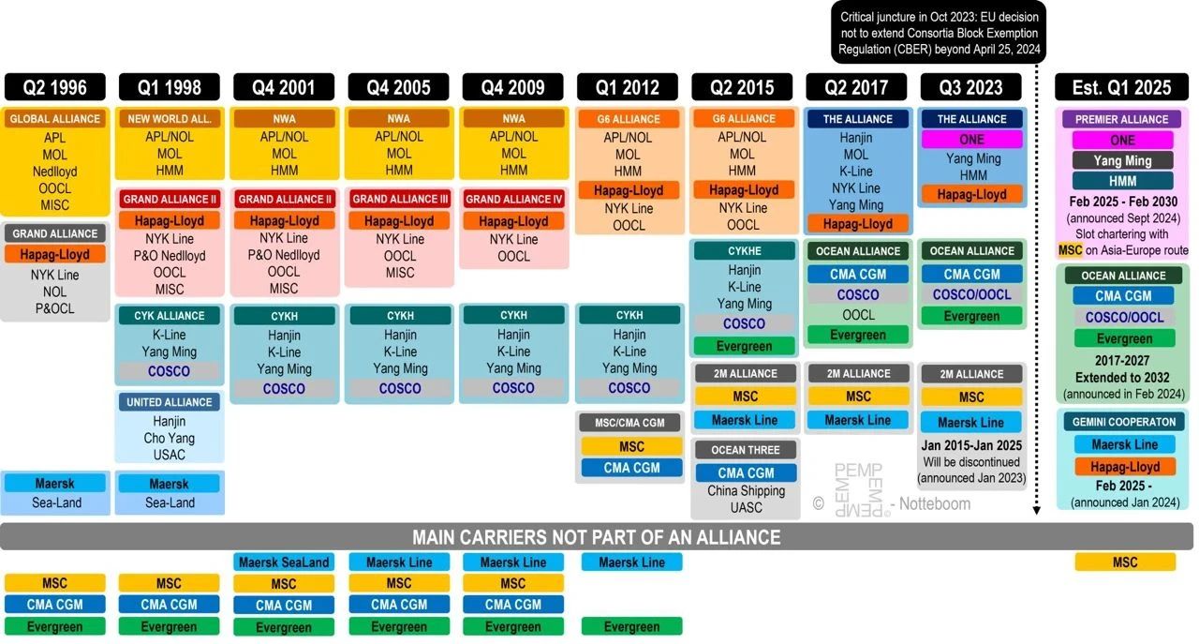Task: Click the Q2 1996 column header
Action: click(x=55, y=88)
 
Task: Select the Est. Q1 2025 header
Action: click(x=1121, y=88)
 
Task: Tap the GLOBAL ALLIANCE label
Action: click(x=55, y=119)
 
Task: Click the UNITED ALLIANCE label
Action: click(x=170, y=402)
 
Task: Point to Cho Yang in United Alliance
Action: click(x=170, y=438)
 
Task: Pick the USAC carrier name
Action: click(x=170, y=455)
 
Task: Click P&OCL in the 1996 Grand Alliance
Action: click(x=55, y=308)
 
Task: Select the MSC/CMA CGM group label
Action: click(x=629, y=423)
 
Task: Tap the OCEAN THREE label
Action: click(x=746, y=450)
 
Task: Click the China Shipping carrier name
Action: click(x=746, y=490)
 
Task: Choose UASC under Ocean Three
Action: click(x=746, y=507)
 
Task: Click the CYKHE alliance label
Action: click(x=746, y=251)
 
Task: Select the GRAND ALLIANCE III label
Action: click(x=399, y=199)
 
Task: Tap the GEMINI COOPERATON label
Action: click(x=1124, y=422)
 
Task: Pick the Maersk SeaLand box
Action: click(x=284, y=562)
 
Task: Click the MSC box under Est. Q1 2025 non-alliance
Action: click(x=1124, y=562)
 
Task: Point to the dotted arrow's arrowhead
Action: click(x=1037, y=511)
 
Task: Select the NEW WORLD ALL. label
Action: click(x=170, y=119)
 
